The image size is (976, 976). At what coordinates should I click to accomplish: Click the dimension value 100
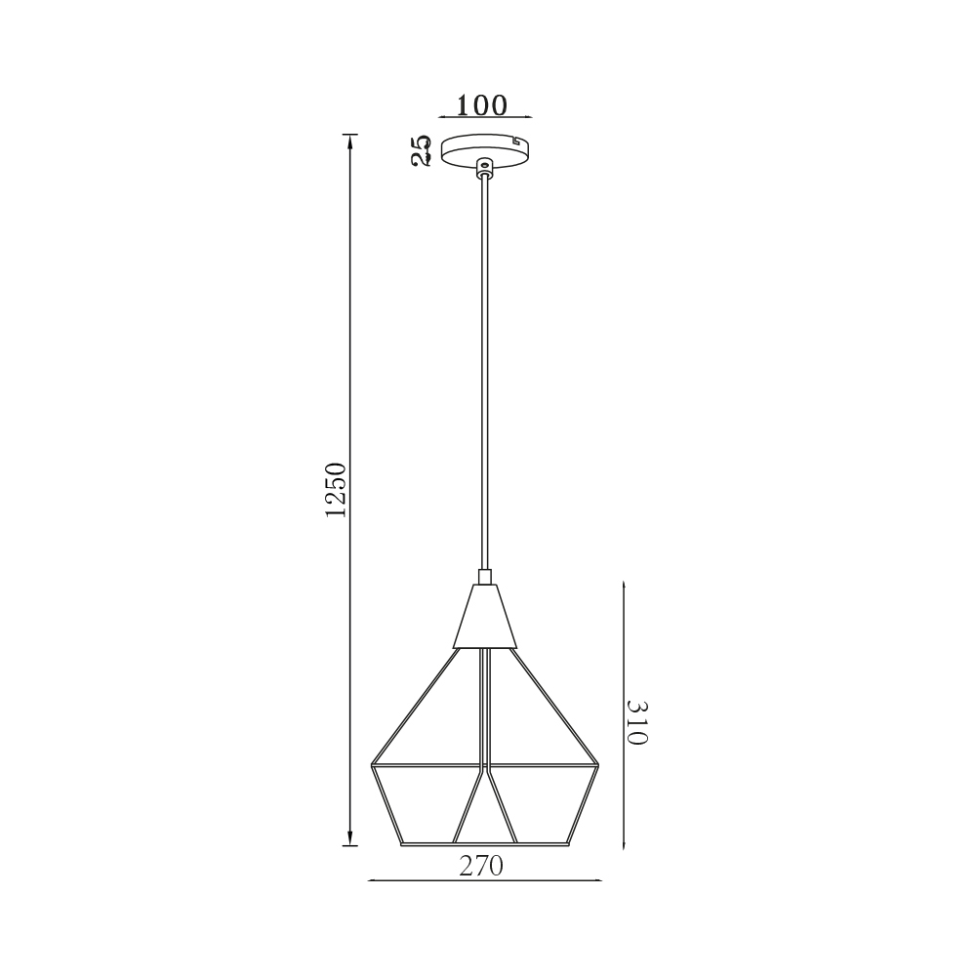pos(482,105)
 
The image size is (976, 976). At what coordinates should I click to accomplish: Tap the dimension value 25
pos(422,150)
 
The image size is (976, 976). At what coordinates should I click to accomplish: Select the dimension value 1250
pos(336,490)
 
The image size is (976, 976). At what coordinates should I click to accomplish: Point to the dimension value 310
pos(637,722)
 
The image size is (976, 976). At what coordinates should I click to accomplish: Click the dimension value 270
pos(481,865)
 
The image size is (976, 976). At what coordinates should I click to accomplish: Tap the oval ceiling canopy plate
pos(485,151)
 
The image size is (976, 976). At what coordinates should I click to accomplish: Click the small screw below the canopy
pos(484,166)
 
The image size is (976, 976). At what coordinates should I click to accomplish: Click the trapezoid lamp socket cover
pos(485,616)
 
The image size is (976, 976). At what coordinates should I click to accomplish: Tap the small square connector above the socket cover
pos(485,577)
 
